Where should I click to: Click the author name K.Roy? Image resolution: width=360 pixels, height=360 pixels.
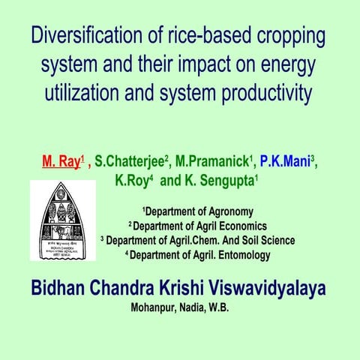coord(133,181)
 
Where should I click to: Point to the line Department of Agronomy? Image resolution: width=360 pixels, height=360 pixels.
coord(198,212)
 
